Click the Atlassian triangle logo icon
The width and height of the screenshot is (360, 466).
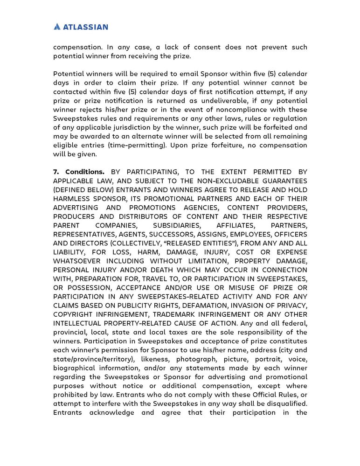click(x=57, y=27)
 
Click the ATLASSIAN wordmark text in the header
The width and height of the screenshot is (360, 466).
click(x=86, y=27)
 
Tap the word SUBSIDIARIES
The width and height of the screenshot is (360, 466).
click(x=173, y=225)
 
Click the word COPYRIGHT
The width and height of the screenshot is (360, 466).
click(x=75, y=314)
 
